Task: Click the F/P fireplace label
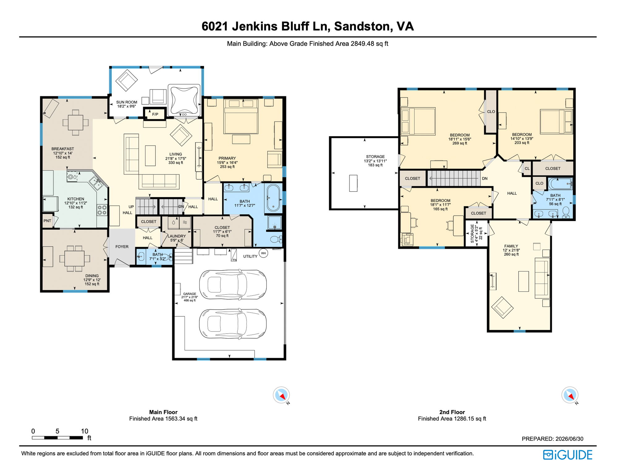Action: click(x=155, y=114)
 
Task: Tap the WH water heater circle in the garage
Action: click(x=263, y=253)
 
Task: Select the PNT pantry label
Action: click(x=47, y=221)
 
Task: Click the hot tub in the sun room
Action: click(x=184, y=100)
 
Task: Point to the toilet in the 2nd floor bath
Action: click(x=566, y=212)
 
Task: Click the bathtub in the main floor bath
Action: click(x=273, y=198)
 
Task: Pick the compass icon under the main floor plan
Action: click(x=281, y=395)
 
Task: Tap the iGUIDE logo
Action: click(x=568, y=455)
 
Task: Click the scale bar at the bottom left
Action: click(x=57, y=438)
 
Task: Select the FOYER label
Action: click(x=122, y=247)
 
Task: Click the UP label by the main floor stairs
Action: click(x=131, y=207)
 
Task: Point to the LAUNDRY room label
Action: click(x=177, y=236)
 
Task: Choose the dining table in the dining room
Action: click(x=74, y=259)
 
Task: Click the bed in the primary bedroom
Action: click(x=241, y=116)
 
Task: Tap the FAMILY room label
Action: click(x=511, y=246)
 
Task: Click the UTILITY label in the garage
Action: click(x=250, y=256)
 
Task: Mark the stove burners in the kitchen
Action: click(x=102, y=210)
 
